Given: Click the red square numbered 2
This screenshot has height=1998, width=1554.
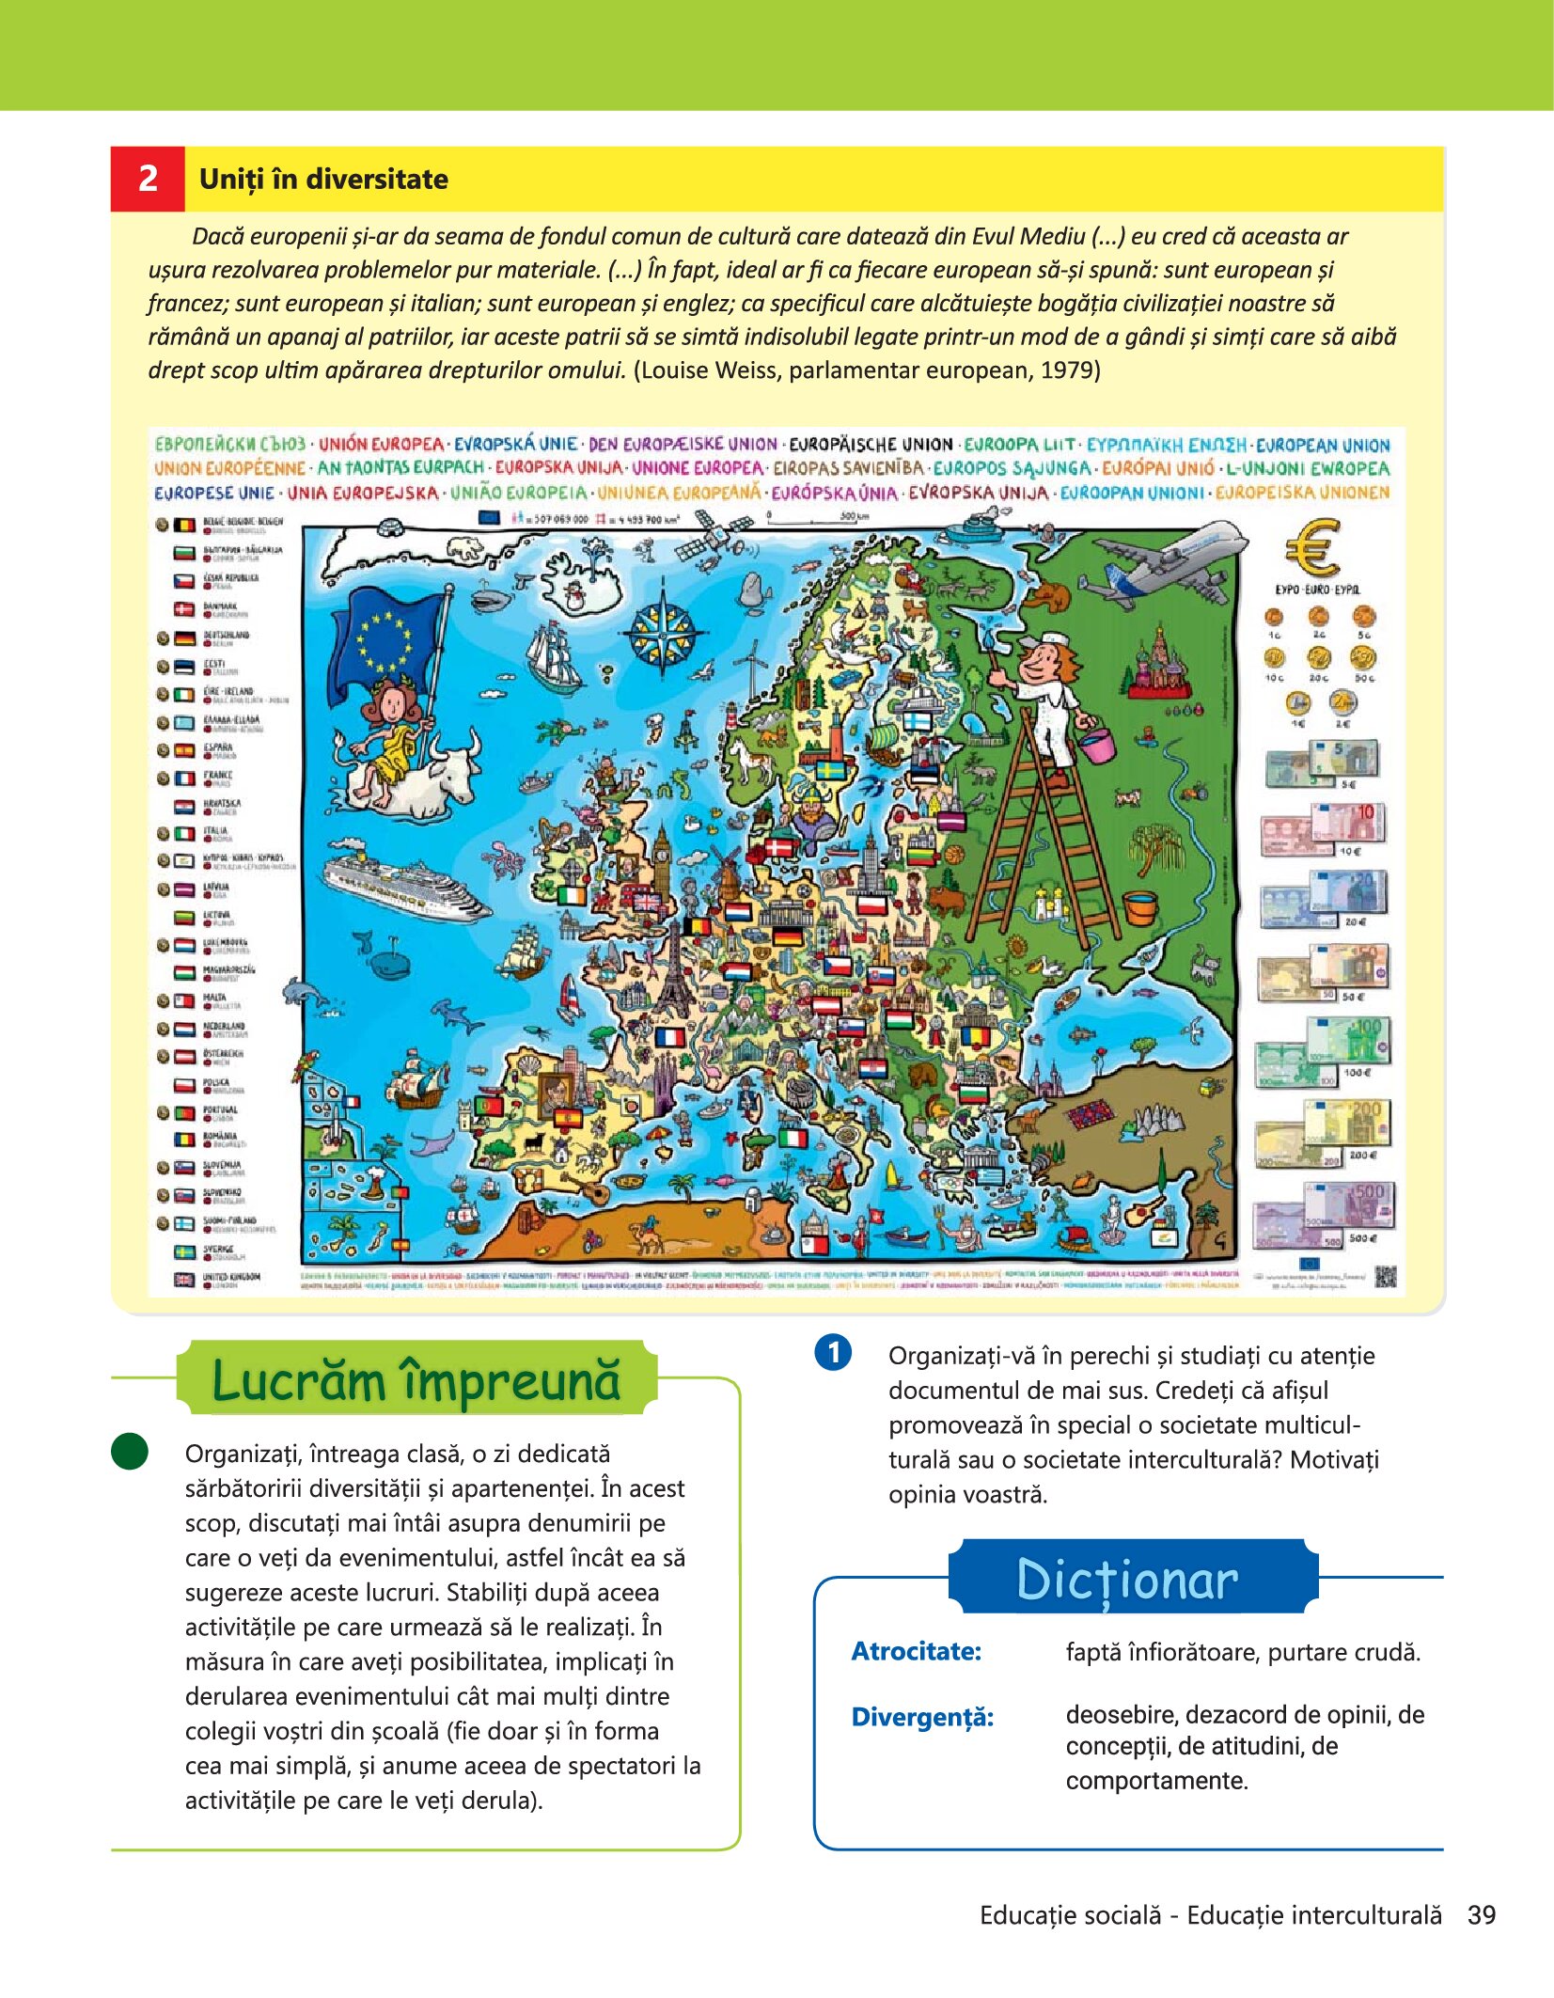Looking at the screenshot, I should click(x=148, y=179).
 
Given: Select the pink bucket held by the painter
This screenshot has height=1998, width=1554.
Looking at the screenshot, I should click(x=1096, y=743).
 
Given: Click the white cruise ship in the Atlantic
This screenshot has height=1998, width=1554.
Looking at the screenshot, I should click(x=404, y=884).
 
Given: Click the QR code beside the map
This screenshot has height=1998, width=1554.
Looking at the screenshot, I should click(x=1386, y=1276).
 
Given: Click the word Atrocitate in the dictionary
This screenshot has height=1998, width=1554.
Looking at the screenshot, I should click(x=916, y=1651).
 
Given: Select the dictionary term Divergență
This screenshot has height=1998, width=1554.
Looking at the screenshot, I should click(x=921, y=1717).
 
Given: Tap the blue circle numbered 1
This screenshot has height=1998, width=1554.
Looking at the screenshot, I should click(x=832, y=1353).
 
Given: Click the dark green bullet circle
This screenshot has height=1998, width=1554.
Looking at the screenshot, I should click(x=130, y=1451).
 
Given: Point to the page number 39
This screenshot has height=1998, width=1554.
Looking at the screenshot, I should click(x=1482, y=1915).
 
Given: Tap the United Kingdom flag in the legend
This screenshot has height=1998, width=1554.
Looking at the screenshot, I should click(x=183, y=1279).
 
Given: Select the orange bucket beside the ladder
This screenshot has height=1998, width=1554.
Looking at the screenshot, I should click(x=1139, y=907).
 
